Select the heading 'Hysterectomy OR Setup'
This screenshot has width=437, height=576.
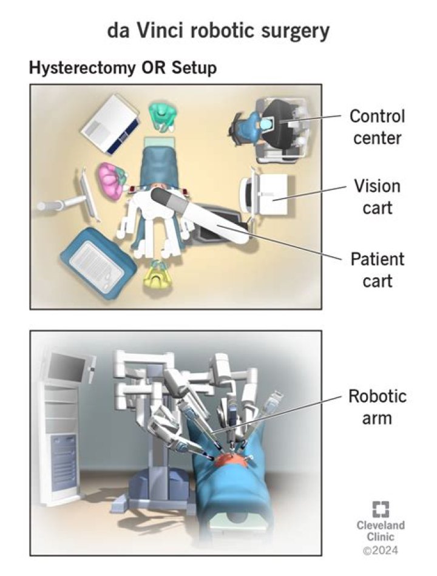pos(122,68)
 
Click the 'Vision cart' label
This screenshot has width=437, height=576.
pos(377,196)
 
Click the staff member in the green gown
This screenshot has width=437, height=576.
pos(163,116)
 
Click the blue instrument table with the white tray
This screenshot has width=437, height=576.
pos(97,263)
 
